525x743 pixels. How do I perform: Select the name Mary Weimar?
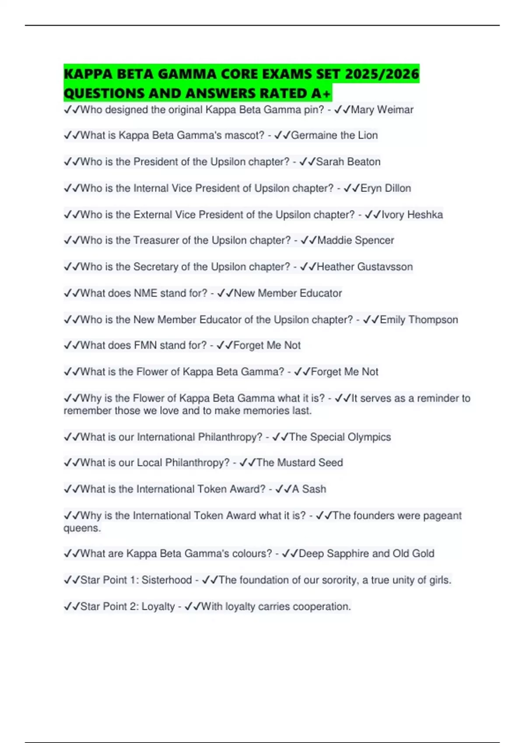coord(382,110)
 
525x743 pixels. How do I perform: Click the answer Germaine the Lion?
coord(334,135)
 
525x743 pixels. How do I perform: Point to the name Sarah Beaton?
coord(348,162)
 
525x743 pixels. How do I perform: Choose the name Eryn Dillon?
coord(386,188)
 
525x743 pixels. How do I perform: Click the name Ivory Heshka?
coord(412,215)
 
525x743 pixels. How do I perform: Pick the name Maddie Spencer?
coord(356,240)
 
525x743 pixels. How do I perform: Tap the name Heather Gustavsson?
coord(364,267)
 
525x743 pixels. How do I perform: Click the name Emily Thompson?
coord(419,320)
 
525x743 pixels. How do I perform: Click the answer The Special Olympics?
coord(340,437)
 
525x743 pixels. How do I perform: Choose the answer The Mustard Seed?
coord(300,463)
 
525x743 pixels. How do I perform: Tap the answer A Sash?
coord(309,489)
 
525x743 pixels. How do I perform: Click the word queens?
coord(82,528)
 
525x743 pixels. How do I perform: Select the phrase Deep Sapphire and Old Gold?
coord(366,554)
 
